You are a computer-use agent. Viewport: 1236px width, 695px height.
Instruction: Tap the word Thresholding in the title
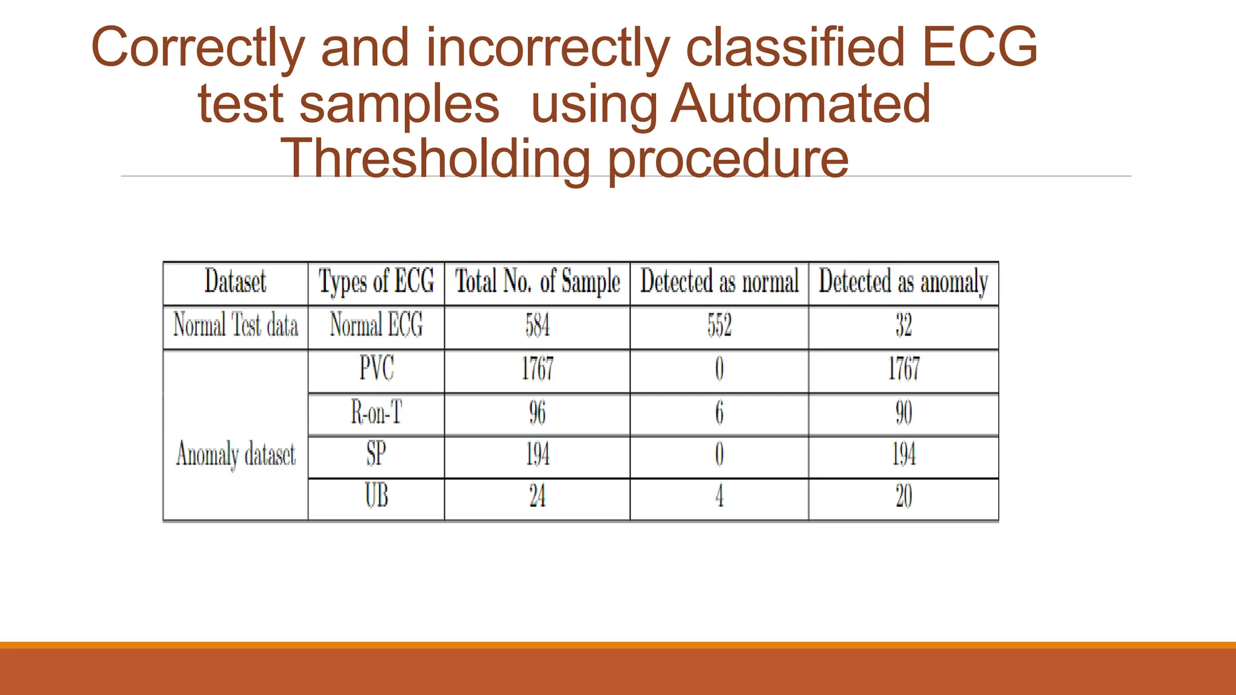pos(435,159)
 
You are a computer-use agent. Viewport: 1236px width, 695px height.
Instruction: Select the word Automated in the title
pos(801,104)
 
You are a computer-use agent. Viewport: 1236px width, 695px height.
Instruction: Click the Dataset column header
pos(235,282)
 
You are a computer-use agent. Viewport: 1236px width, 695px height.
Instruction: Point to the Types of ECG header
pos(376,282)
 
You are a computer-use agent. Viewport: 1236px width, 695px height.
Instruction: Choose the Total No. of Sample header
pos(537,282)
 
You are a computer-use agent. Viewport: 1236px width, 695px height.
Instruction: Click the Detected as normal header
pos(719,282)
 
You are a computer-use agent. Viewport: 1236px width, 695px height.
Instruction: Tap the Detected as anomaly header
pos(903,282)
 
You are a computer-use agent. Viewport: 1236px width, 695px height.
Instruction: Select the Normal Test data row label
pos(235,326)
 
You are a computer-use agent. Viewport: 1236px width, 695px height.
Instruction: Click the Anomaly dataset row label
pos(235,454)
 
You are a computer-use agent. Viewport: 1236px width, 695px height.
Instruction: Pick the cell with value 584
pos(537,326)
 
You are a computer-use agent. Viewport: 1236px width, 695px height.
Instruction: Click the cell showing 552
pos(719,326)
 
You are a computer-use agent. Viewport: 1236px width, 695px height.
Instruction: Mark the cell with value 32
pos(903,326)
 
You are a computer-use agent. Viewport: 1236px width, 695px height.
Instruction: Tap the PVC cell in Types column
pos(376,369)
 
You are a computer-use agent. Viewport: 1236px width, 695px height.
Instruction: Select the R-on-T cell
pos(376,413)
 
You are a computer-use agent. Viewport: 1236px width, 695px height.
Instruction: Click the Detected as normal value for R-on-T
pos(719,413)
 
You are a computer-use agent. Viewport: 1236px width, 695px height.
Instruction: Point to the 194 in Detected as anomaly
pos(903,455)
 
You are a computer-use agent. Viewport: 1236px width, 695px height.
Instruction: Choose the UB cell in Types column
pos(376,497)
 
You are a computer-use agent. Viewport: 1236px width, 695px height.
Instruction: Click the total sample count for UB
pos(537,497)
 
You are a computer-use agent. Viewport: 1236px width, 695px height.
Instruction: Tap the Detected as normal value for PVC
pos(719,369)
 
